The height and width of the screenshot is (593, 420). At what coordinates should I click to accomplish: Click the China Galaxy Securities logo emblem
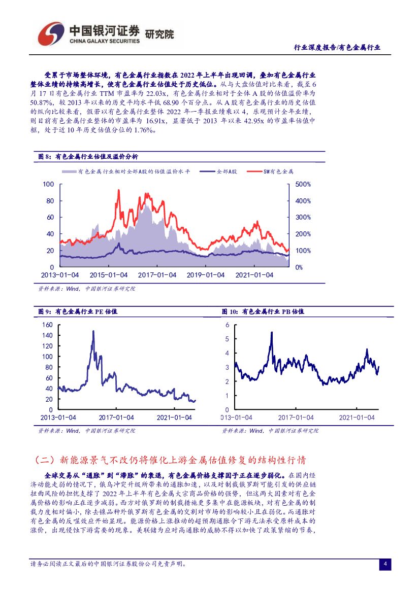tap(51, 33)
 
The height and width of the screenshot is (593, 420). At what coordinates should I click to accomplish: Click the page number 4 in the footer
tap(385, 565)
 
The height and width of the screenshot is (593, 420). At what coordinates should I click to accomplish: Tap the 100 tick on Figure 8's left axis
tap(48, 184)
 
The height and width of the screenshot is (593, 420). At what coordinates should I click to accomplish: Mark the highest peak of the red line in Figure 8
tap(118, 190)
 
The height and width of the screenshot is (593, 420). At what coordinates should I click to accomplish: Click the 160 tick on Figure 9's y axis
tap(47, 325)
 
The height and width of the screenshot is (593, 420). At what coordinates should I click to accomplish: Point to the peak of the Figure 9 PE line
tap(93, 331)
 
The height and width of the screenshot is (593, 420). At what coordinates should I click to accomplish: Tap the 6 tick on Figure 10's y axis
tap(228, 325)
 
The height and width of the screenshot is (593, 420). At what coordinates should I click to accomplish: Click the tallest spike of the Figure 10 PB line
tap(272, 332)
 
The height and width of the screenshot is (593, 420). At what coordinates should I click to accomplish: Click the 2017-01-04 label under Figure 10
tap(296, 417)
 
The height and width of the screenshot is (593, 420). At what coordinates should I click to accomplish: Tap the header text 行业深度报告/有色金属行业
tap(337, 48)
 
